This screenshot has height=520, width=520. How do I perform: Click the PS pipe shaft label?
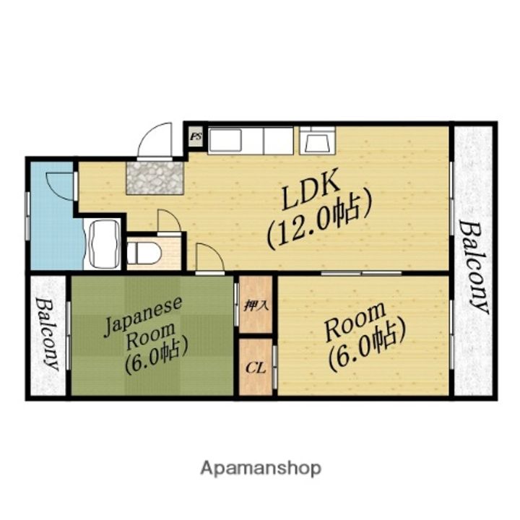point(195,136)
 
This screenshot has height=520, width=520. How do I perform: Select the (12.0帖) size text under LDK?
point(318,222)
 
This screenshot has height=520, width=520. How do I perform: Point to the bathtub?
point(103,244)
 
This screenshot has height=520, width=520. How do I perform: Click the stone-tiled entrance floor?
point(155,178)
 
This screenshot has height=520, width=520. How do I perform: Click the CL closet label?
point(256,368)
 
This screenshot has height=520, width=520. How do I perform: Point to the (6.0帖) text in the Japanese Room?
point(156,357)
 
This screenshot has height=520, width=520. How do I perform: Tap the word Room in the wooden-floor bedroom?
point(355,321)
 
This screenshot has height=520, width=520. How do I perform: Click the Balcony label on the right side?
point(474,267)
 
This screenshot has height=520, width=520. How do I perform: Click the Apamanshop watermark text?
point(261,469)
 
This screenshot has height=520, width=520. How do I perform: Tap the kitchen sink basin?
point(225,140)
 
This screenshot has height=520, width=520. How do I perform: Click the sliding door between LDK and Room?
point(362,273)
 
